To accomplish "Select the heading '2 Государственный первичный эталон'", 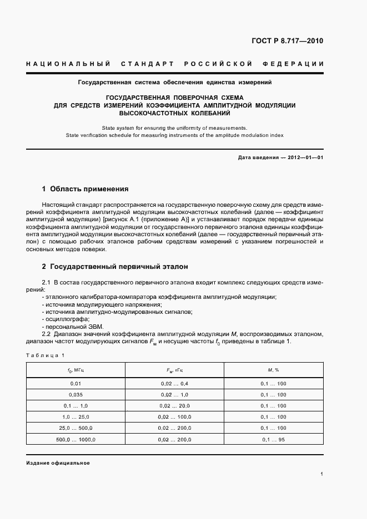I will pos(115,267).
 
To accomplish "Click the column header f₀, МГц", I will pos(76,369).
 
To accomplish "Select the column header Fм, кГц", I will pos(174,369).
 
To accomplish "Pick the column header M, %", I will pos(273,369).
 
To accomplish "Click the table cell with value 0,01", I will pos(76,384).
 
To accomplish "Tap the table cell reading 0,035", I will pos(76,395).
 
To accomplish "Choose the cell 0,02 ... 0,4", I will pos(174,384).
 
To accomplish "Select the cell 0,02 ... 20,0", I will pos(174,406).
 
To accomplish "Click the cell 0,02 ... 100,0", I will pos(174,417).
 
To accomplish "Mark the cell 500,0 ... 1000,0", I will pos(76,439).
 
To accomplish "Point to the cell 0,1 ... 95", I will pos(273,439).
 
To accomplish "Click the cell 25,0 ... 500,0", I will pos(76,428).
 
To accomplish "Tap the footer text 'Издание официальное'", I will pos(58,463).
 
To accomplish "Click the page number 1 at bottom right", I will pos(321,474).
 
